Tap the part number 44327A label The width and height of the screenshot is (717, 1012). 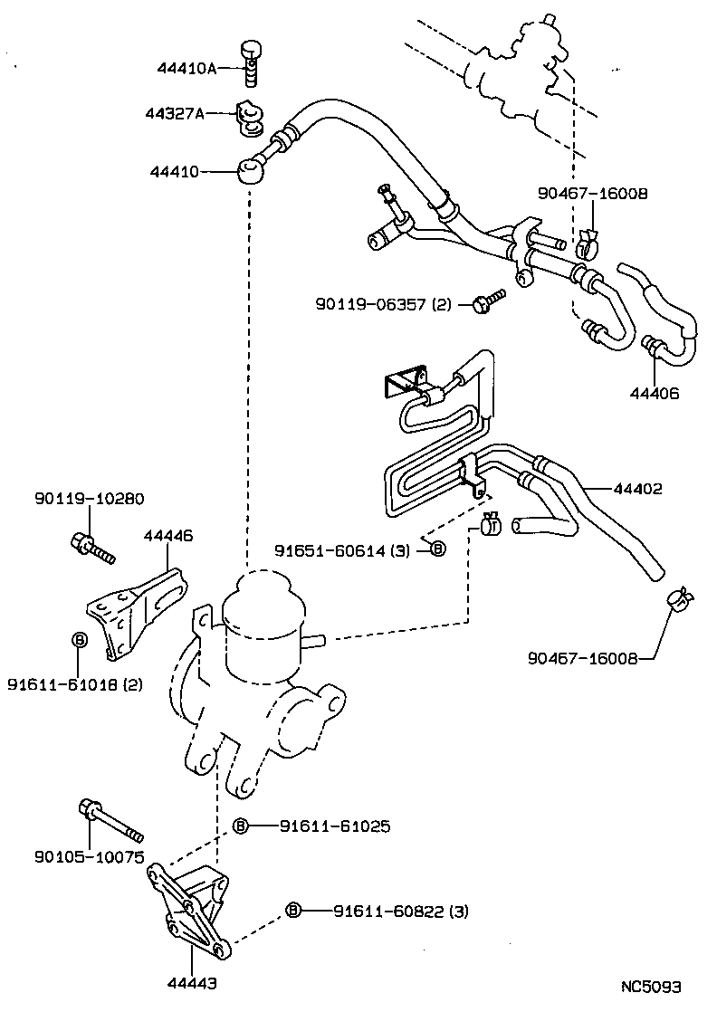[x=175, y=114]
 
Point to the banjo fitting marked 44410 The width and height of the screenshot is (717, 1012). [x=252, y=169]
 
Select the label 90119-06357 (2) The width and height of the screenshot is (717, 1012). [x=383, y=305]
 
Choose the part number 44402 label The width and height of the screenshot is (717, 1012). [x=637, y=489]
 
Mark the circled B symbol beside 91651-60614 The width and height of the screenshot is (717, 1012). [x=437, y=549]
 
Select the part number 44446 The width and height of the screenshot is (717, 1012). [x=167, y=537]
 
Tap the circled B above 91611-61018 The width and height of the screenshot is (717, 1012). [x=79, y=640]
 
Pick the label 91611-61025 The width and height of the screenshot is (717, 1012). [x=334, y=826]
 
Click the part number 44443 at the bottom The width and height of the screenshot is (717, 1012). [x=191, y=980]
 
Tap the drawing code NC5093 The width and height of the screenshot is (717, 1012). [x=651, y=986]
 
